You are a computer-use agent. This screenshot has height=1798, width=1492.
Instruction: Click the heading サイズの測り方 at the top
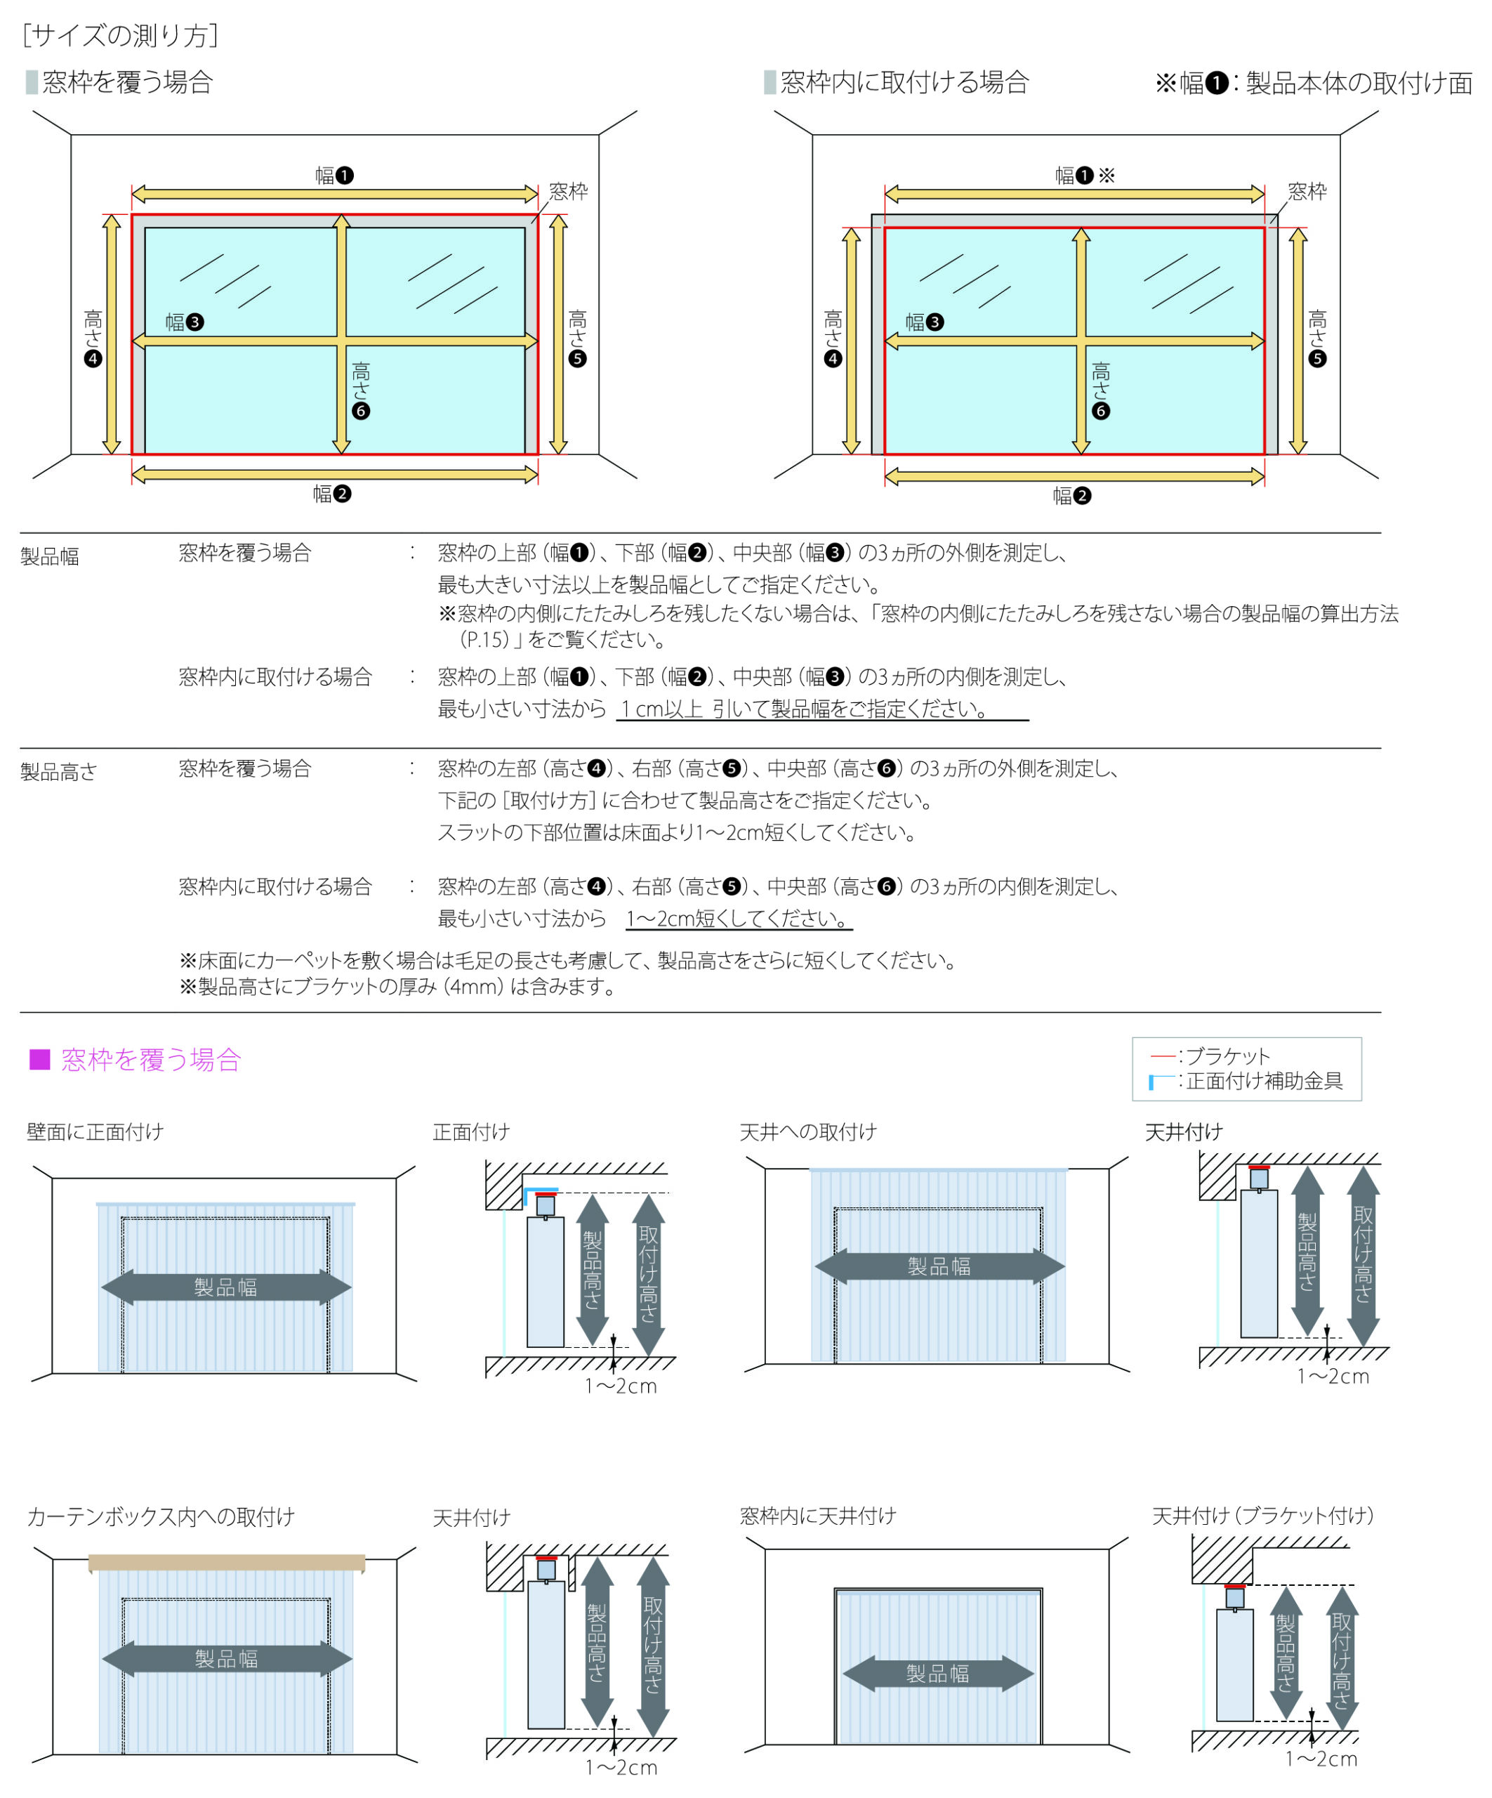coord(121,35)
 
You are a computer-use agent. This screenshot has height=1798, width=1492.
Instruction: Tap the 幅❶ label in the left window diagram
coord(334,176)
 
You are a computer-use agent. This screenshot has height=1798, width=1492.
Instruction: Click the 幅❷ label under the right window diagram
coord(1071,496)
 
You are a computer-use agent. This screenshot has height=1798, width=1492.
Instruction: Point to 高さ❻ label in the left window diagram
coord(360,390)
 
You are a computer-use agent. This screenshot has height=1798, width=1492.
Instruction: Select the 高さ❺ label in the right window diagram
coord(1317,339)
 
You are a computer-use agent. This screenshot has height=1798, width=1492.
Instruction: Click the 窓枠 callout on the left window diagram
coord(569,191)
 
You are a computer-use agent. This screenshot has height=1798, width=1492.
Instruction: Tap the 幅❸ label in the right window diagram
coord(925,322)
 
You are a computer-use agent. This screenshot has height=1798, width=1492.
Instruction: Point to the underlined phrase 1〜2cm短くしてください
coord(738,919)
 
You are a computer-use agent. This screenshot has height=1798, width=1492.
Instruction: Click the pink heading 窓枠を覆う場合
coord(151,1060)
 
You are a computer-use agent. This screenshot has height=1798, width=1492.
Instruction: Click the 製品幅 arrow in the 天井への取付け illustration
coord(939,1266)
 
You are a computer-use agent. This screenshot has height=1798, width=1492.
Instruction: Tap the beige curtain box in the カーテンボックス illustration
coord(227,1563)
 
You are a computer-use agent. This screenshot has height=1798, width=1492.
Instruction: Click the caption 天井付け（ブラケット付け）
coord(1262,1516)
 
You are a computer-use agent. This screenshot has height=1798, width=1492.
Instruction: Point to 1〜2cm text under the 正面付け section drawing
coord(621,1386)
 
